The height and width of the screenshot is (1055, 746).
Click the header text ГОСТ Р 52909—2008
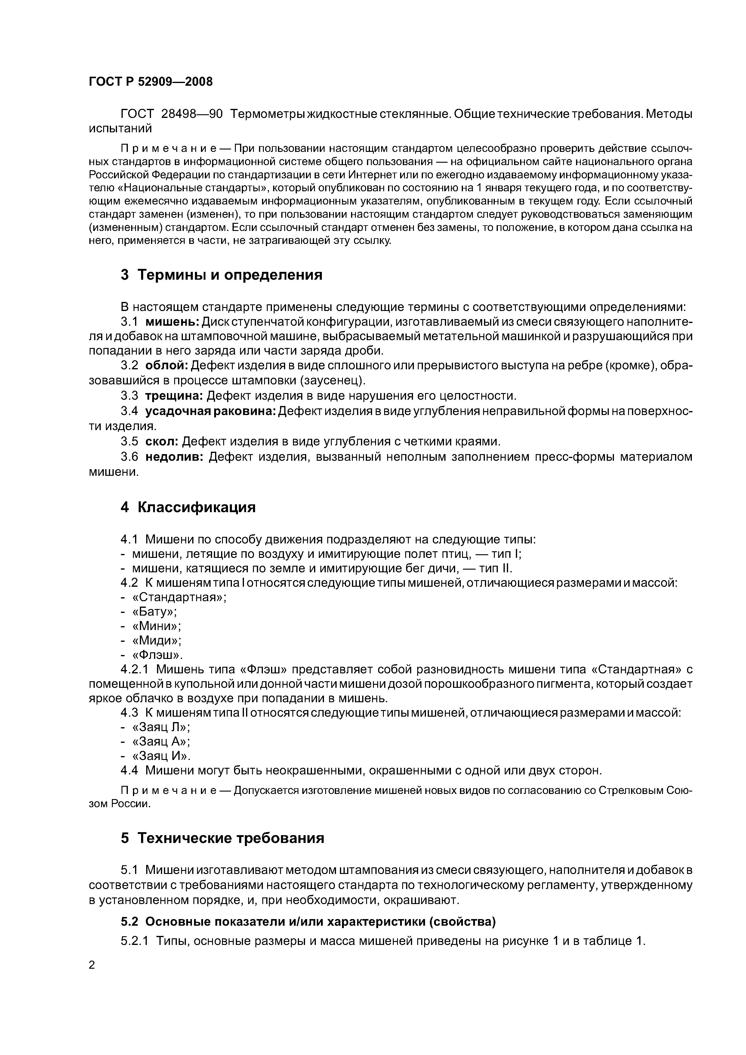[151, 82]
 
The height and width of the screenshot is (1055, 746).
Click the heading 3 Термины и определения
[222, 275]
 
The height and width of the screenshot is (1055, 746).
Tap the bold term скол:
[162, 441]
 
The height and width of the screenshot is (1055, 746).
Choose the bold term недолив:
[174, 457]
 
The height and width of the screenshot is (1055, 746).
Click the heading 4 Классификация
[188, 507]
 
